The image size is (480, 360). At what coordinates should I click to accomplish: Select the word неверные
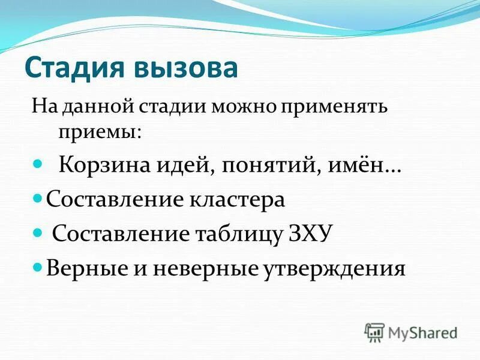point(204,266)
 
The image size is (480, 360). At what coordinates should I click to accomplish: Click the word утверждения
point(334,266)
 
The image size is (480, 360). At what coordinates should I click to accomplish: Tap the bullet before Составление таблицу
point(39,230)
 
